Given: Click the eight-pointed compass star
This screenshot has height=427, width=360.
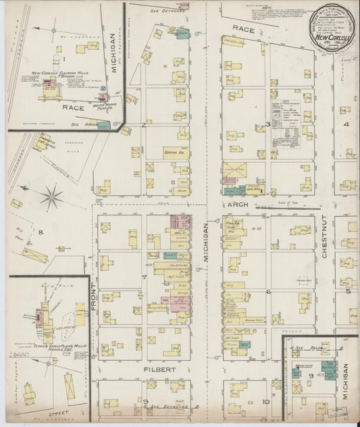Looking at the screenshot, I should coord(50,198).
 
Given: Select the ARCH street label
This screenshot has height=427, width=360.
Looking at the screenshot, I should coord(240,201).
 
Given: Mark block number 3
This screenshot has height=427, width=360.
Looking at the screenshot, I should coord(268,125).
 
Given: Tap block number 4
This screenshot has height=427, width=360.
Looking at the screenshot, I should coord(346,125).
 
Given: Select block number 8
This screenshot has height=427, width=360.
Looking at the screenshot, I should coord(40,232).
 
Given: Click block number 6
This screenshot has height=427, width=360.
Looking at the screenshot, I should coord(269,291).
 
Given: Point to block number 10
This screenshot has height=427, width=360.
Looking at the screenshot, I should coord(267,402).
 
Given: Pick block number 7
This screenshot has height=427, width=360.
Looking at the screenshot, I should coord(144,278).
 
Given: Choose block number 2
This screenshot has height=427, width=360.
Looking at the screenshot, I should coord(144,125).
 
